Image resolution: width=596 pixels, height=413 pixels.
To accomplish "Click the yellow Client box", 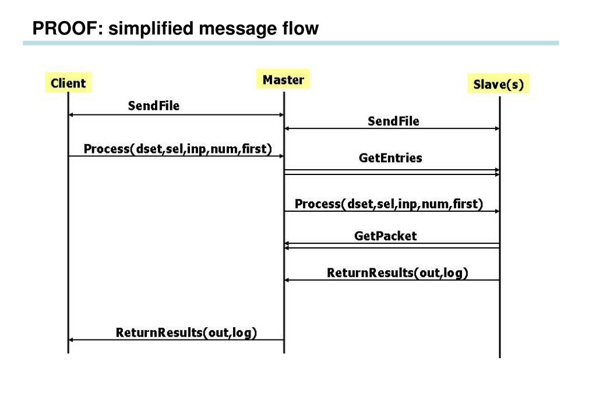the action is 68,83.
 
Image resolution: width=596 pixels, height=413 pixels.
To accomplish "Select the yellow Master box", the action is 283,79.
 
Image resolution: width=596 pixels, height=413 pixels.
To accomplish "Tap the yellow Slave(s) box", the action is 498,84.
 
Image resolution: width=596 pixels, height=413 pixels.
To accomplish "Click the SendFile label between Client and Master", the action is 154,106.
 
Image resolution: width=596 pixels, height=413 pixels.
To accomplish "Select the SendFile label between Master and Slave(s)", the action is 393,121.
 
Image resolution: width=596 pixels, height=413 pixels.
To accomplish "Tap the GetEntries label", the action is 390,157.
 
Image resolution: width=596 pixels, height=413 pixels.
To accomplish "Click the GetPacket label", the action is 386,236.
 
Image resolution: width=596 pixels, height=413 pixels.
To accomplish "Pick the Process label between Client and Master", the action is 178,148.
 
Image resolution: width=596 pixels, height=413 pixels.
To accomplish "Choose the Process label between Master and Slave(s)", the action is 389,204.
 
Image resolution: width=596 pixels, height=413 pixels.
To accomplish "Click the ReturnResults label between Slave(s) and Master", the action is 397,272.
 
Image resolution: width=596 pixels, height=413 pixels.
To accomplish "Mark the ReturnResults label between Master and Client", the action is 186,332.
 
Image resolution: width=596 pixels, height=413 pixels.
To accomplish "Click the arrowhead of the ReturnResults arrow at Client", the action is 70,339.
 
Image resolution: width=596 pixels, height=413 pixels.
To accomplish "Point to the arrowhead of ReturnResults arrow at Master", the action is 287,280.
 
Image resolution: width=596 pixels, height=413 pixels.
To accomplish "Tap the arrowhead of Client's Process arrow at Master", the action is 281,156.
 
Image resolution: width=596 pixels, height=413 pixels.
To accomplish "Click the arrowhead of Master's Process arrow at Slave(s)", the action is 497,211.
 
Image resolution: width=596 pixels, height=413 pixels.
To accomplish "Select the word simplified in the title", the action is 150,29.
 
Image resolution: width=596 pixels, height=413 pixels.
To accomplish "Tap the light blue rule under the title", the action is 291,43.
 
